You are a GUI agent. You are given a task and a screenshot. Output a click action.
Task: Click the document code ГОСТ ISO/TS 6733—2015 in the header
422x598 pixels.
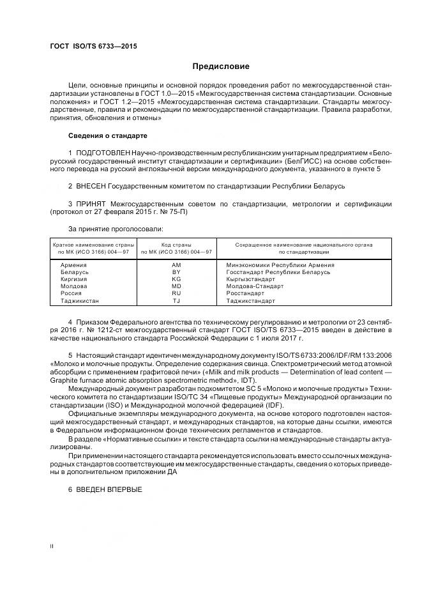tap(93, 47)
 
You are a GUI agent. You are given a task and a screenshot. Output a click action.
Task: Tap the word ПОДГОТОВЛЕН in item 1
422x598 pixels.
tap(103, 153)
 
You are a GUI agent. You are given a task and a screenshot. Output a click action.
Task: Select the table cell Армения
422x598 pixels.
tap(73, 264)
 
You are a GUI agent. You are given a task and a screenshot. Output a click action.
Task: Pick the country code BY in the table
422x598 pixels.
tap(176, 272)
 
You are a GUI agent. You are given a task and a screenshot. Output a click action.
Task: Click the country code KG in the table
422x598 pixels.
tap(176, 279)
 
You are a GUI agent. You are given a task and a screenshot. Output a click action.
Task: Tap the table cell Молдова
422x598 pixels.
tap(74, 286)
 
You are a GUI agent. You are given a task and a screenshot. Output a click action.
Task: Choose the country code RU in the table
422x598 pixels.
tap(176, 293)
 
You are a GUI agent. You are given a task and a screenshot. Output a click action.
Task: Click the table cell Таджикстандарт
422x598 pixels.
tap(250, 300)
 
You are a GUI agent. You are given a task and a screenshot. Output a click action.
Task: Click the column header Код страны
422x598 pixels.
tap(176, 245)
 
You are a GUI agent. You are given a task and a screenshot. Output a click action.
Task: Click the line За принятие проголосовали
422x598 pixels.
tap(116, 228)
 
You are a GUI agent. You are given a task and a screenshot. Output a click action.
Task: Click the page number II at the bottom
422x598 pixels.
tap(52, 546)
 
